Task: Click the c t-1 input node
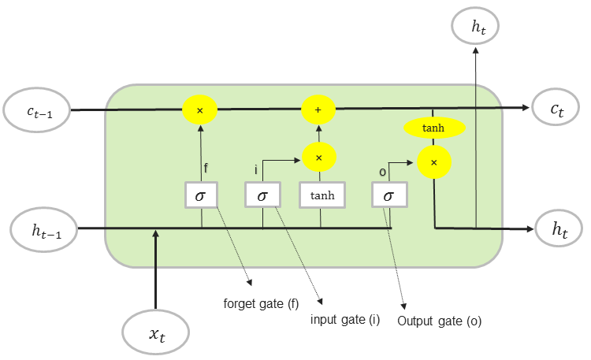click(36, 110)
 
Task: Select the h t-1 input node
click(44, 229)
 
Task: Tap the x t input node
click(156, 332)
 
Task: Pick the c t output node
click(556, 107)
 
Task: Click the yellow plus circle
click(318, 109)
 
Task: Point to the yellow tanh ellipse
click(434, 128)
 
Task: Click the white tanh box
click(322, 195)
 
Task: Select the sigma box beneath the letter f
click(201, 195)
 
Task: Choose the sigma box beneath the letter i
click(262, 195)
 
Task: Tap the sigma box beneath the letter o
click(389, 195)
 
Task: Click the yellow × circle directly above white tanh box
click(319, 158)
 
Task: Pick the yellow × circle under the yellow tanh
click(434, 162)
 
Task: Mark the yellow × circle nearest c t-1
click(200, 110)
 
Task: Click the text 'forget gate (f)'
click(261, 304)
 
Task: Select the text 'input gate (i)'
click(345, 320)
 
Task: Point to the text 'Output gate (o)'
click(440, 321)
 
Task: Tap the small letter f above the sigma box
click(206, 168)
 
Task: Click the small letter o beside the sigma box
click(382, 172)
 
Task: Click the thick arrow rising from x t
click(155, 269)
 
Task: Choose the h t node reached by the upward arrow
click(475, 26)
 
